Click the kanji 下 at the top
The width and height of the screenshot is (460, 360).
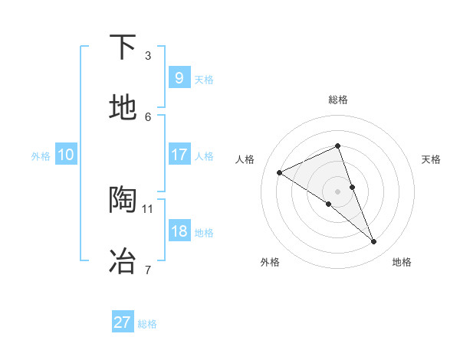[123, 48]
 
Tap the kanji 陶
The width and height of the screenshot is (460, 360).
[123, 199]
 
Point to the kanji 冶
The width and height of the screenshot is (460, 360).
[123, 260]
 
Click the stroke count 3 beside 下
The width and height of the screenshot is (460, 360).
[147, 56]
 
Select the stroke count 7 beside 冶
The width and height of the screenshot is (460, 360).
[147, 269]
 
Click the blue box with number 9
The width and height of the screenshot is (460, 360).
[179, 78]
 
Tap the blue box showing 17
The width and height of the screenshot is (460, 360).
[179, 155]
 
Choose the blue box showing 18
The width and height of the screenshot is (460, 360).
[179, 231]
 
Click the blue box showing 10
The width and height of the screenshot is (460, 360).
[65, 155]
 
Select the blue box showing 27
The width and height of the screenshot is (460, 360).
[122, 322]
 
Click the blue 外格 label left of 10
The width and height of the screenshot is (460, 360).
[41, 155]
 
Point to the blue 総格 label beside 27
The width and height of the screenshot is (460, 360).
[147, 324]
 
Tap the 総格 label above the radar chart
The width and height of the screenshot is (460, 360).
[337, 100]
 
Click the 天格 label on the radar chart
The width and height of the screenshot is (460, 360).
[431, 159]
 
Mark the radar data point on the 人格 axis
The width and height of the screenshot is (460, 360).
[279, 172]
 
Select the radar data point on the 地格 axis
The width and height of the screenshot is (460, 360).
[374, 242]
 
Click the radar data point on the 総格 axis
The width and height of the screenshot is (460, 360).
[337, 146]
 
